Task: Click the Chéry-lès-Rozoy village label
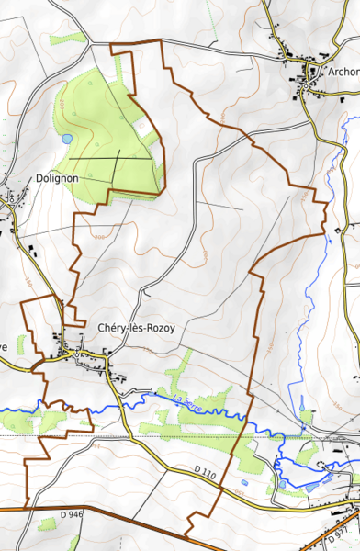135,328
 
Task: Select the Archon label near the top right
342,71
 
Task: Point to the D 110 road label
204,470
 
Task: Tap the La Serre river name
186,398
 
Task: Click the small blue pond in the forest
67,139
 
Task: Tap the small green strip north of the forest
68,39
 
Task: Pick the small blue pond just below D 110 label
244,482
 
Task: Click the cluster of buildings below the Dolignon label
11,197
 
